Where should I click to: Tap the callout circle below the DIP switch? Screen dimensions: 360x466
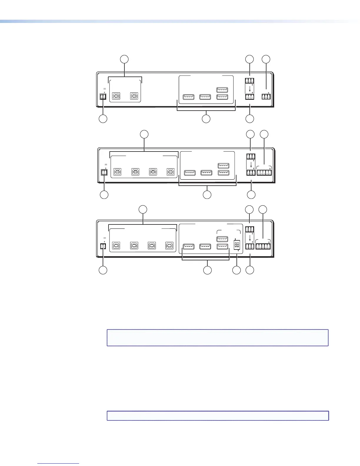point(236,270)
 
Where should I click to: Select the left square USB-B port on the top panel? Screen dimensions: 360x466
point(116,96)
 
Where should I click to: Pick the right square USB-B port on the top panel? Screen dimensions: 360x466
point(134,96)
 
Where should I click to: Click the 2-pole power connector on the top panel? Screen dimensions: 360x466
point(103,96)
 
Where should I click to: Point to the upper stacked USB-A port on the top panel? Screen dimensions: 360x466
point(222,90)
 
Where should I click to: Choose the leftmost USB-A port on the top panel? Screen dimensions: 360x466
point(189,96)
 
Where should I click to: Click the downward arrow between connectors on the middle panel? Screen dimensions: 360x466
point(250,164)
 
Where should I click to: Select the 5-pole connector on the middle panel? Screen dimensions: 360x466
point(264,172)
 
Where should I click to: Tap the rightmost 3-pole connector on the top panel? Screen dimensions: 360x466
point(266,96)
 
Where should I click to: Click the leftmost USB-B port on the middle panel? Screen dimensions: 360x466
point(117,172)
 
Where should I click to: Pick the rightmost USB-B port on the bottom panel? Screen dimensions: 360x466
point(169,246)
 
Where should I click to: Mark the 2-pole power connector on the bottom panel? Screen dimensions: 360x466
point(103,246)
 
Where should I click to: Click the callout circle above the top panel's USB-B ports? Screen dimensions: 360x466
point(125,59)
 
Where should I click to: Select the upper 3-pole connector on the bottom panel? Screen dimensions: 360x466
point(249,229)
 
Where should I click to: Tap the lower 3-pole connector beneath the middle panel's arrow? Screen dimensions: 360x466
point(251,172)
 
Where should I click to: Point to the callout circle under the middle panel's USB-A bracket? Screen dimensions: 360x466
point(207,194)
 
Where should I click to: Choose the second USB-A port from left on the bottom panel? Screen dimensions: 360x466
point(205,247)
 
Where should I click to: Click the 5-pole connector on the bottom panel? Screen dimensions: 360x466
point(263,246)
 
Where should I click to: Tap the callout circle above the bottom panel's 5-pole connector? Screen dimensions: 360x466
point(263,209)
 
